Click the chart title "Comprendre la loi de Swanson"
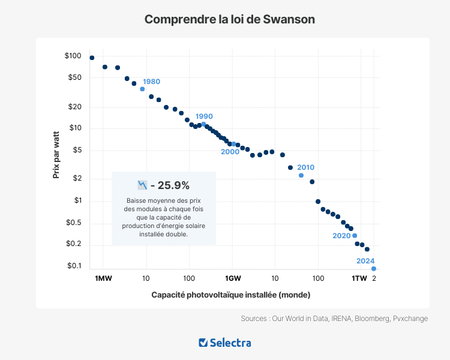230,19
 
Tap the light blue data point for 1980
142,89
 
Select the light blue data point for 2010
301,175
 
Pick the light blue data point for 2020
355,236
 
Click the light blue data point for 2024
374,269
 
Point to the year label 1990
204,116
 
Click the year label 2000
230,152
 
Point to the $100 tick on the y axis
73,56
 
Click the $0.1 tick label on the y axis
73,266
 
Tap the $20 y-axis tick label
74,107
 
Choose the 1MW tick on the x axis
103,278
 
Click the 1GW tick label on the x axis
233,278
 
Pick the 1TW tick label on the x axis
359,278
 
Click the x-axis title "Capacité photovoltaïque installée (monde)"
230,295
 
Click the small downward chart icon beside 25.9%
142,185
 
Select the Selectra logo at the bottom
225,343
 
